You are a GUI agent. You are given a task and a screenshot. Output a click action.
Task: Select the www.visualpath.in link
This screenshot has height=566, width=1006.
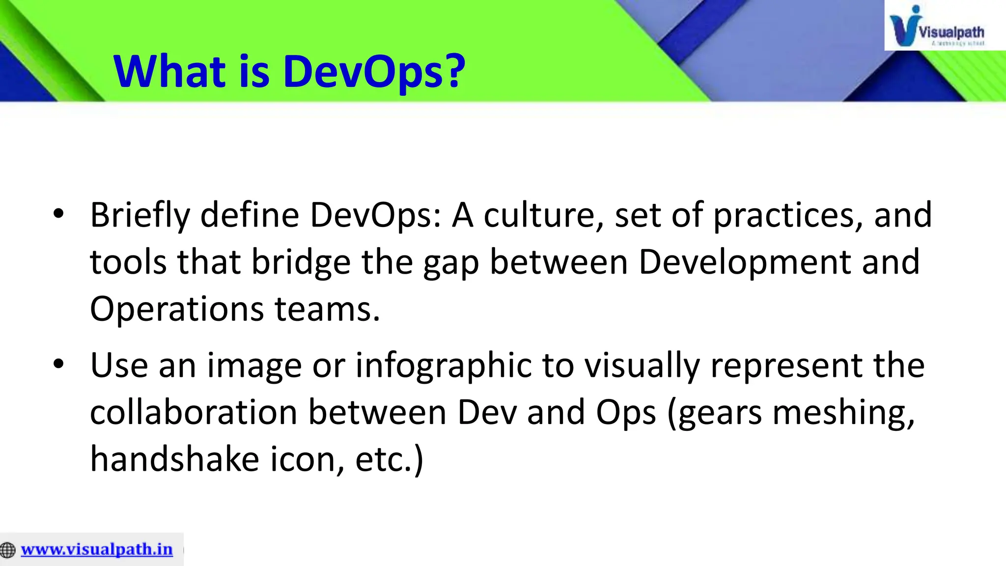[x=97, y=549]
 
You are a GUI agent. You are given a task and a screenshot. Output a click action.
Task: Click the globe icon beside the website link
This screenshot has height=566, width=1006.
[x=8, y=550]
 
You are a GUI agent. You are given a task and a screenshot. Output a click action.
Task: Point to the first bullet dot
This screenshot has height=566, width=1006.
[x=58, y=214]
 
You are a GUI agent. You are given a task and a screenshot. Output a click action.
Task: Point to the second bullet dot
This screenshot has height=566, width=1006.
[x=58, y=365]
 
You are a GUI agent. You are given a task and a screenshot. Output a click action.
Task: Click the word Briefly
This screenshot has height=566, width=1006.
[x=140, y=216]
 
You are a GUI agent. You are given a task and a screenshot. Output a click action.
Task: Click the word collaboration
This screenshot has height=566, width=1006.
[x=194, y=412]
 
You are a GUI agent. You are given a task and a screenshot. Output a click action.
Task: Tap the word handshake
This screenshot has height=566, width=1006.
[x=175, y=459]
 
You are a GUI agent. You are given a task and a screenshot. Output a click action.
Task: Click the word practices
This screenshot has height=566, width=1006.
[x=787, y=216]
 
